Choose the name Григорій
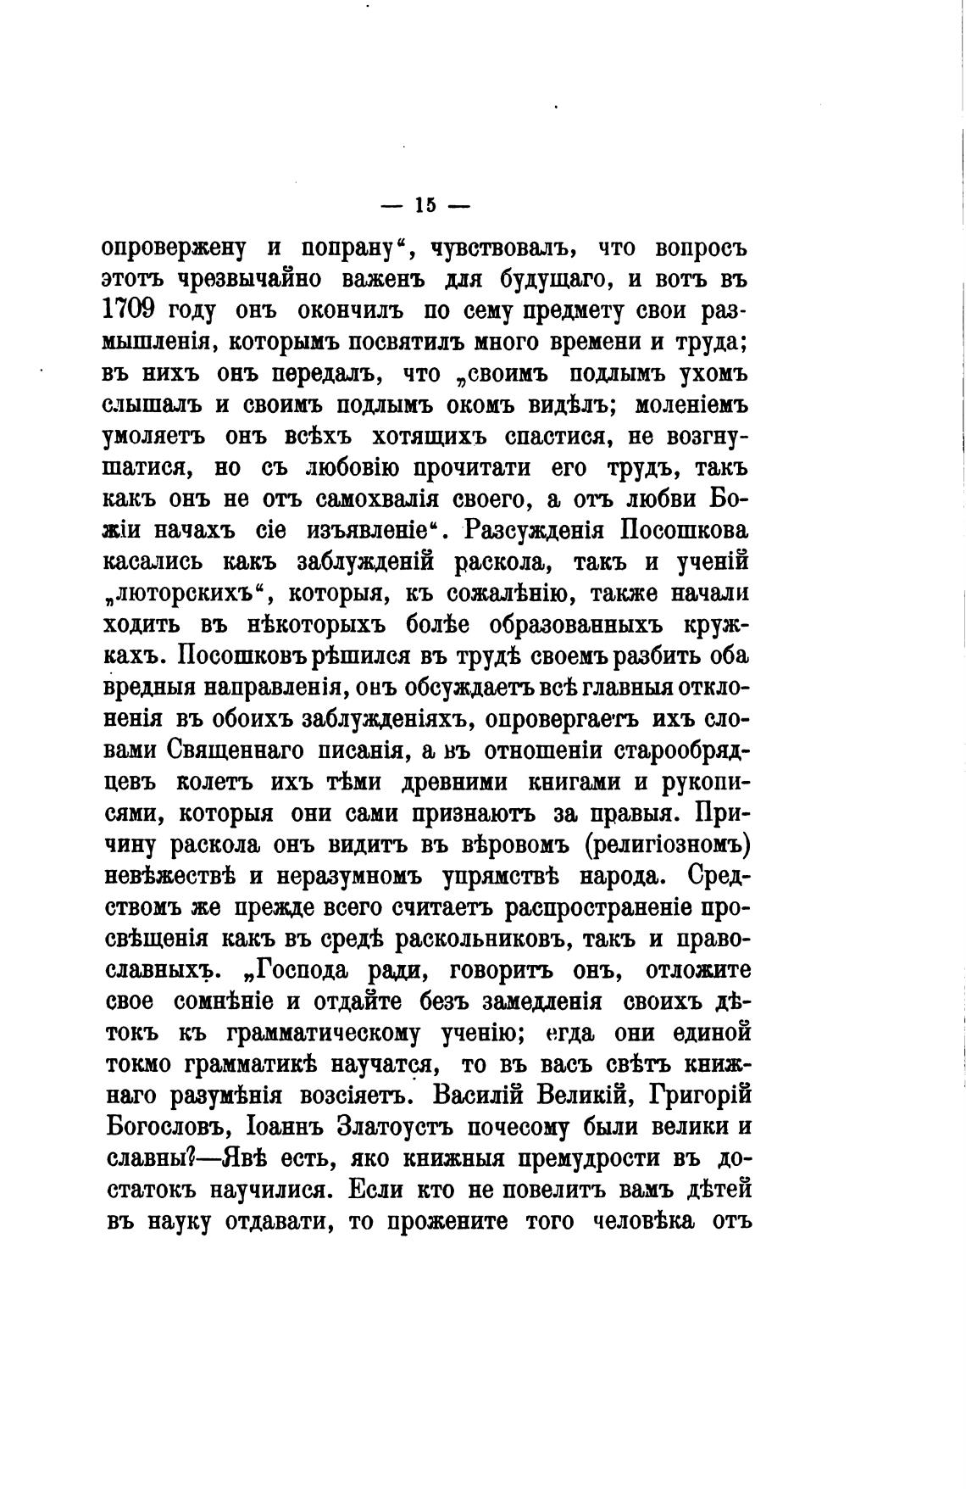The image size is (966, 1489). point(700,1095)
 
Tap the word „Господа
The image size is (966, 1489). point(303,969)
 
